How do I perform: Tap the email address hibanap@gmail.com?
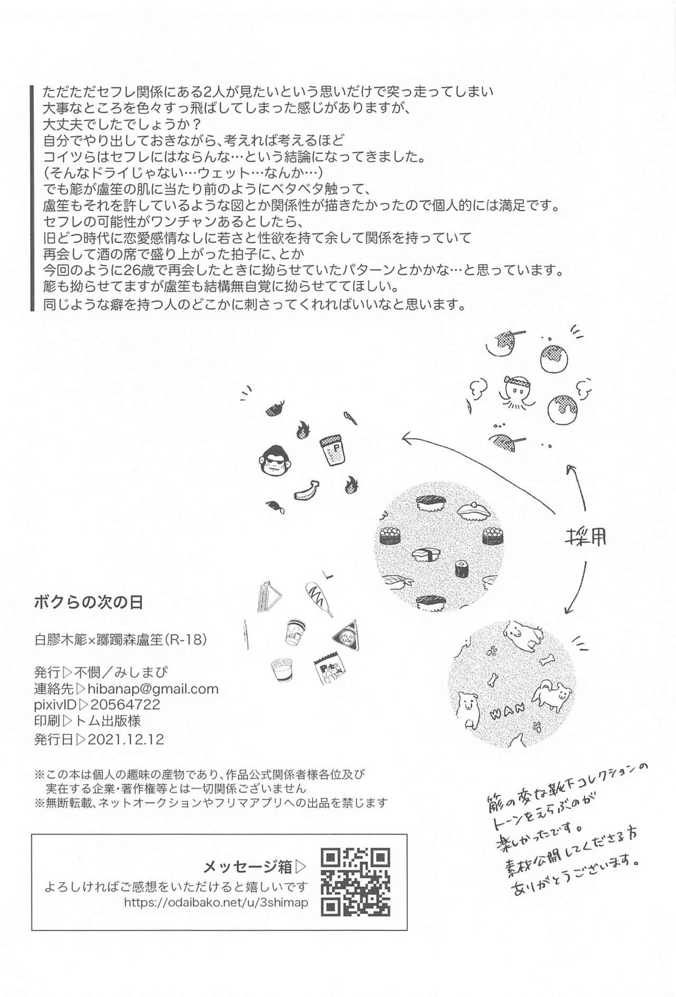click(x=153, y=688)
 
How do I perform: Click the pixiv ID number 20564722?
click(x=125, y=704)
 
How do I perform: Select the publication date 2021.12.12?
click(x=125, y=739)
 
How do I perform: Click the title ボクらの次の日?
click(x=88, y=602)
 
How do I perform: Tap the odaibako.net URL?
click(x=215, y=903)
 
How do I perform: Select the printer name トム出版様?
click(x=115, y=720)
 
